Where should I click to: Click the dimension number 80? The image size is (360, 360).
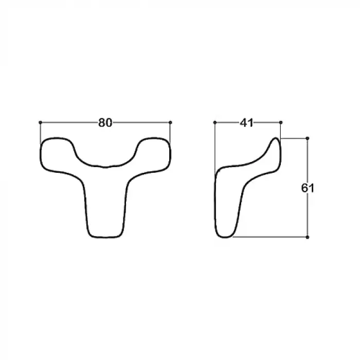coord(105,123)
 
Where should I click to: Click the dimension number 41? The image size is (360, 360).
coord(246,123)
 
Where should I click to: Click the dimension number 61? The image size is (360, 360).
coord(308,188)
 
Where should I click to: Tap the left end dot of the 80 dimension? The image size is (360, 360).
coord(41,122)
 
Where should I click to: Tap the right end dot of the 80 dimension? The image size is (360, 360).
coord(170,122)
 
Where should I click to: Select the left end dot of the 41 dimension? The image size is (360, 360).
coord(215,122)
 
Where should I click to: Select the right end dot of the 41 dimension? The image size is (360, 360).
coord(281,122)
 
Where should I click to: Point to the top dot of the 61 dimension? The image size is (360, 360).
coord(308,138)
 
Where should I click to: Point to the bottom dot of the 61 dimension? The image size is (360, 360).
coord(308,237)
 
